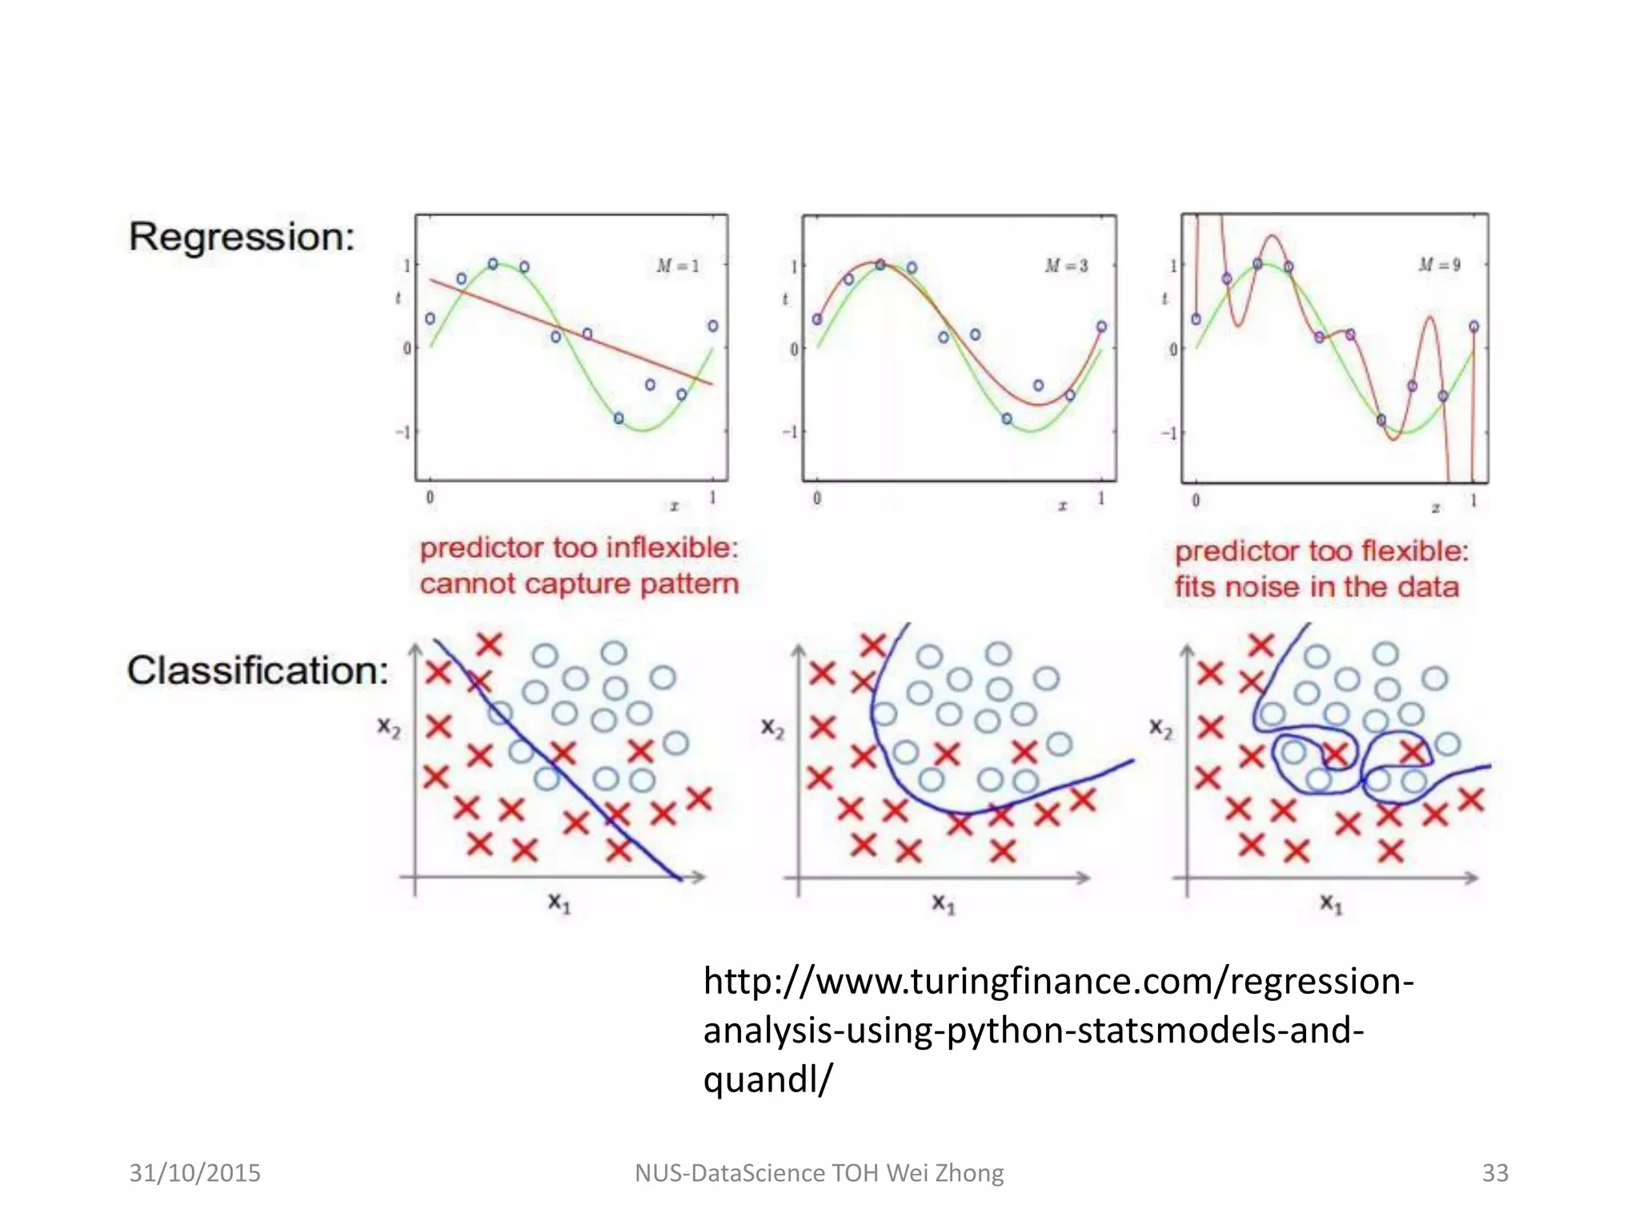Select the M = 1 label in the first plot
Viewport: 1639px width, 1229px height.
point(678,266)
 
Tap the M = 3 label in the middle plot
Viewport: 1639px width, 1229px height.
point(1066,266)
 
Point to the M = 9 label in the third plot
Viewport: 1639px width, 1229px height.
point(1439,265)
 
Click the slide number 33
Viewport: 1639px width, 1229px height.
point(1494,1173)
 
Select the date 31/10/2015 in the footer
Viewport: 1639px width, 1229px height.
point(194,1173)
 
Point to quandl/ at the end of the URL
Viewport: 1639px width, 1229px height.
point(767,1079)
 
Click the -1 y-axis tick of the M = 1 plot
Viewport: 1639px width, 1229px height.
point(403,432)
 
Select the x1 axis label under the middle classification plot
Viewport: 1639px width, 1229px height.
point(943,904)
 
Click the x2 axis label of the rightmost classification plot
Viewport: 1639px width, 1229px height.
point(1160,728)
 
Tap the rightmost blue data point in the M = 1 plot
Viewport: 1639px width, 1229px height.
point(712,326)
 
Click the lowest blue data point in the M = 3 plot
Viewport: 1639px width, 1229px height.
point(1007,418)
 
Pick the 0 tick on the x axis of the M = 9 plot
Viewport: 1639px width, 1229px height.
point(1196,501)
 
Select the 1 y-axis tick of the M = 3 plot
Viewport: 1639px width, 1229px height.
point(794,266)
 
